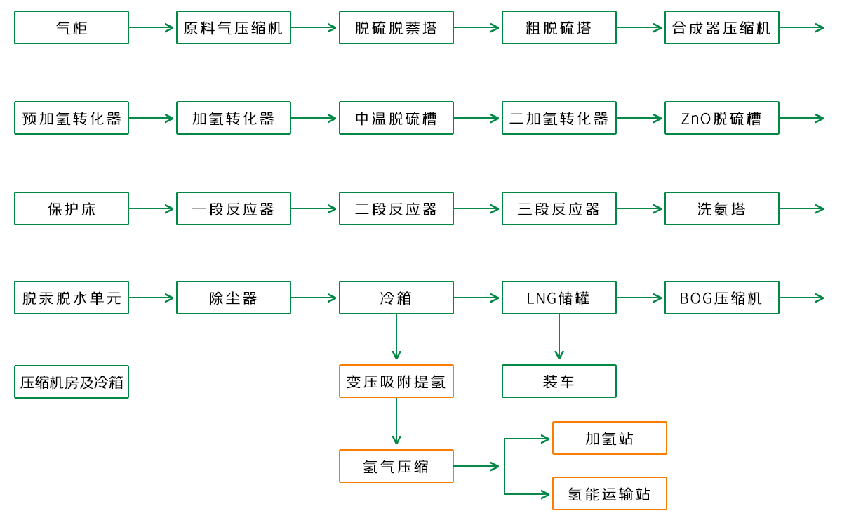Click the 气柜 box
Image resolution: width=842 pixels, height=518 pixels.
(x=72, y=28)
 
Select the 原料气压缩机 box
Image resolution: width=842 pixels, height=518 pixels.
(x=233, y=28)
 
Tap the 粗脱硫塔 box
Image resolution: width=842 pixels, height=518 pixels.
(x=559, y=28)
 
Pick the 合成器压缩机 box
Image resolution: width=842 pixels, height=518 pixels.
(x=721, y=28)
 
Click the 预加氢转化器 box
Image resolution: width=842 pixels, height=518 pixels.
(x=72, y=119)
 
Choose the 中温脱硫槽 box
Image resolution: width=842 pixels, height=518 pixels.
(x=396, y=119)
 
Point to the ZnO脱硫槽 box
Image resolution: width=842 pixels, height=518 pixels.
(x=721, y=119)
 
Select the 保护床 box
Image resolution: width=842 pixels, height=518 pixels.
(x=72, y=208)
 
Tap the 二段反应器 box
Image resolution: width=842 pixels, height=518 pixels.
(x=396, y=208)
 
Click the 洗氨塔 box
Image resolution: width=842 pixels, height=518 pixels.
(x=721, y=208)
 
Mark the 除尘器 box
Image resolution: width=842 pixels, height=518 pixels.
(x=233, y=298)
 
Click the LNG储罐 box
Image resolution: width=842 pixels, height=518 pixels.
(x=559, y=298)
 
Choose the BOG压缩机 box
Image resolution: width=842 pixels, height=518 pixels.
(x=721, y=298)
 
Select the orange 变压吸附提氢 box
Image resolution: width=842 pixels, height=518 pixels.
(x=396, y=382)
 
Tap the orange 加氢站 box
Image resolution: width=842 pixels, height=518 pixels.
(x=609, y=439)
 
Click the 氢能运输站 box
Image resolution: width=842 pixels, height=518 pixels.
(x=609, y=494)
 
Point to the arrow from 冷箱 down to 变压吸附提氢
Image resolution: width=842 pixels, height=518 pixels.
(x=396, y=337)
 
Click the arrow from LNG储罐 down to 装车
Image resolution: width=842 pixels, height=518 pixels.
(x=559, y=337)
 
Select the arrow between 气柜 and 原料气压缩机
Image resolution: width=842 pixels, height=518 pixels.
(x=152, y=28)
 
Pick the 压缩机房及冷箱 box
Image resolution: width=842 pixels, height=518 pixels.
(x=72, y=382)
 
